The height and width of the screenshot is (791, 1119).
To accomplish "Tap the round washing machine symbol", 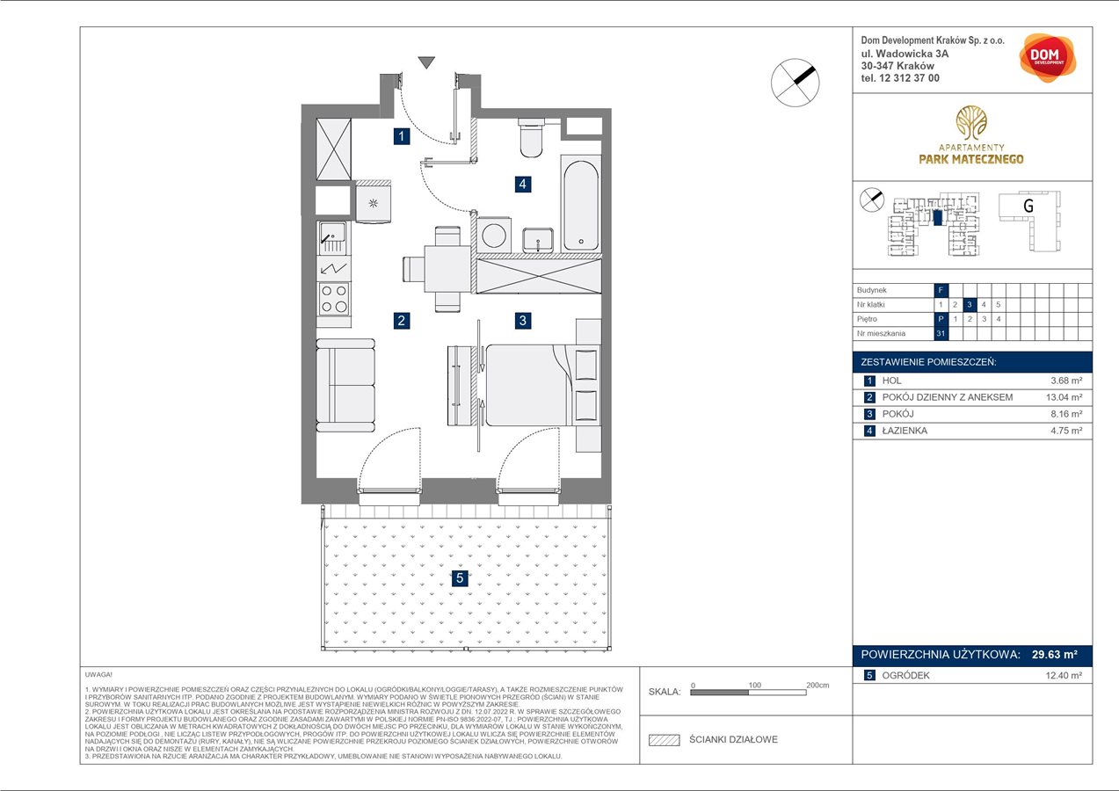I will [493, 236].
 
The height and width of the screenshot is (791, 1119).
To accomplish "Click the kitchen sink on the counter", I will [333, 234].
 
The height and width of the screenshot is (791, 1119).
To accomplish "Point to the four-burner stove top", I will [334, 299].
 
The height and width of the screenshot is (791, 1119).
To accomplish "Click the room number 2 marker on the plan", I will [401, 321].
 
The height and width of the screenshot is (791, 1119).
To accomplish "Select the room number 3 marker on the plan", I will [523, 321].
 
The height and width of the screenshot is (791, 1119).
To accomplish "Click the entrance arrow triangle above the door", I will [426, 62].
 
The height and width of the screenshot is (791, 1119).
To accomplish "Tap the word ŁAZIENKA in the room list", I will [905, 431].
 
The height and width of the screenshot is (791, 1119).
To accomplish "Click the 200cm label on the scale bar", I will [817, 684].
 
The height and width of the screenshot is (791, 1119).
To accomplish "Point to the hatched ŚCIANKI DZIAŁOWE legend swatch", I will [665, 740].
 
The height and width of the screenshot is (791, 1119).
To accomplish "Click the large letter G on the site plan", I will [1027, 206].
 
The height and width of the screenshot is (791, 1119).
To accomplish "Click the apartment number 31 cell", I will [941, 333].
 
